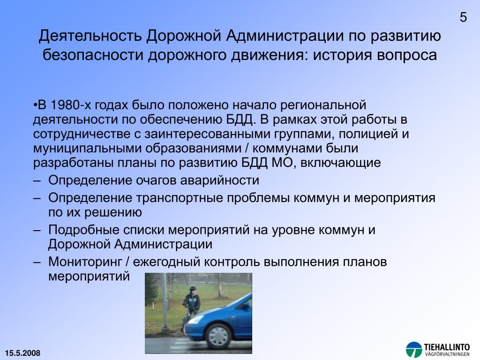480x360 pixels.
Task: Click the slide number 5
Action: point(463,17)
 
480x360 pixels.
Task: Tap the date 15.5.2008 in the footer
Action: point(22,353)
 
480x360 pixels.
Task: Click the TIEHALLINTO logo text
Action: point(447,347)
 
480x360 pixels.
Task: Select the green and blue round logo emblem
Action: point(414,350)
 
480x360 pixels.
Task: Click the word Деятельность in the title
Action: point(90,36)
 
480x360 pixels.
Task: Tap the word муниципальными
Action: point(87,149)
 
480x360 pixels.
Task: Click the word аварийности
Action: point(219,180)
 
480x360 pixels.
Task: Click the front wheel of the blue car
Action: point(218,336)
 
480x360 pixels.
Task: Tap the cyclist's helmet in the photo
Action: point(193,289)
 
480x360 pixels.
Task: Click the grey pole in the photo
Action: point(165,303)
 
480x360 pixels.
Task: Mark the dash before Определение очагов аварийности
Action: point(37,181)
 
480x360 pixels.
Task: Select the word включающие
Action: point(341,163)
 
